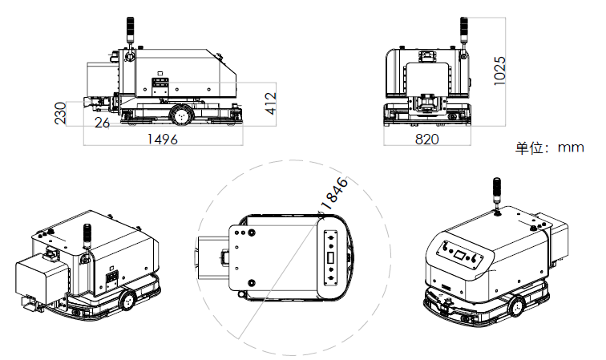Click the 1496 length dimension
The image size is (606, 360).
coord(163,139)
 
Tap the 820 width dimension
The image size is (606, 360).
coord(426,139)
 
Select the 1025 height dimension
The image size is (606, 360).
coord(499,71)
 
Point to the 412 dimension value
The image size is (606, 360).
coord(271,103)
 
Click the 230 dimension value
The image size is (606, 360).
coord(61,113)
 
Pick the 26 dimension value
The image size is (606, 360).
coord(103,123)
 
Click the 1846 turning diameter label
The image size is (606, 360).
coord(334,193)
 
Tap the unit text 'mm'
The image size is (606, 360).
coord(571,148)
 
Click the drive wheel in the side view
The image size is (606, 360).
coord(181,115)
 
